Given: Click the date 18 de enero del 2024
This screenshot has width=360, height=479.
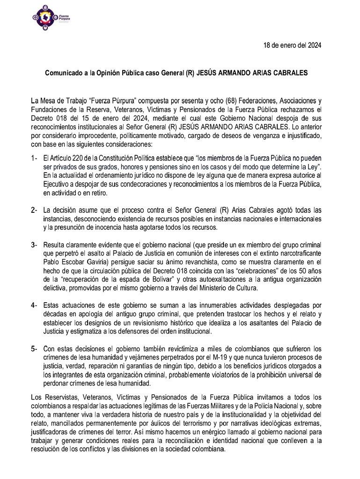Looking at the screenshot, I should [x=291, y=45].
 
